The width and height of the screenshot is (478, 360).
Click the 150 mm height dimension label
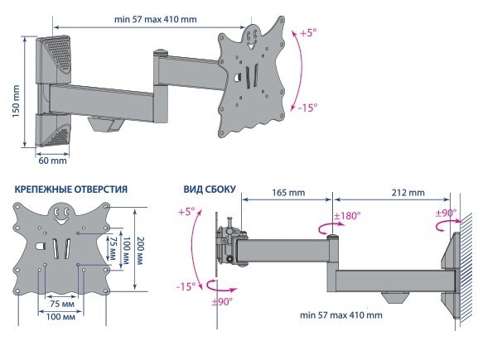coord(16,101)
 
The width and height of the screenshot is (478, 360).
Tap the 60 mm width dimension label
coord(52,161)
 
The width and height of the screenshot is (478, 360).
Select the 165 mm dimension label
coord(288,193)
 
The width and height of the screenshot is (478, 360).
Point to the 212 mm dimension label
coord(408,193)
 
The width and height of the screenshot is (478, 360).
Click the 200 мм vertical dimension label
coord(140,251)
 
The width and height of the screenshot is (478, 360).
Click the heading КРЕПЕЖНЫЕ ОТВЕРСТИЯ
coord(71,190)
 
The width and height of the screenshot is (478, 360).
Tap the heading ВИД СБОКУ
coord(210,190)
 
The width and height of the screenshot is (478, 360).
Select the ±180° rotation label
coord(347,216)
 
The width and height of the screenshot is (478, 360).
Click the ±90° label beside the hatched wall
coord(446,213)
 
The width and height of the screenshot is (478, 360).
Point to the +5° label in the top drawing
coord(308,32)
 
